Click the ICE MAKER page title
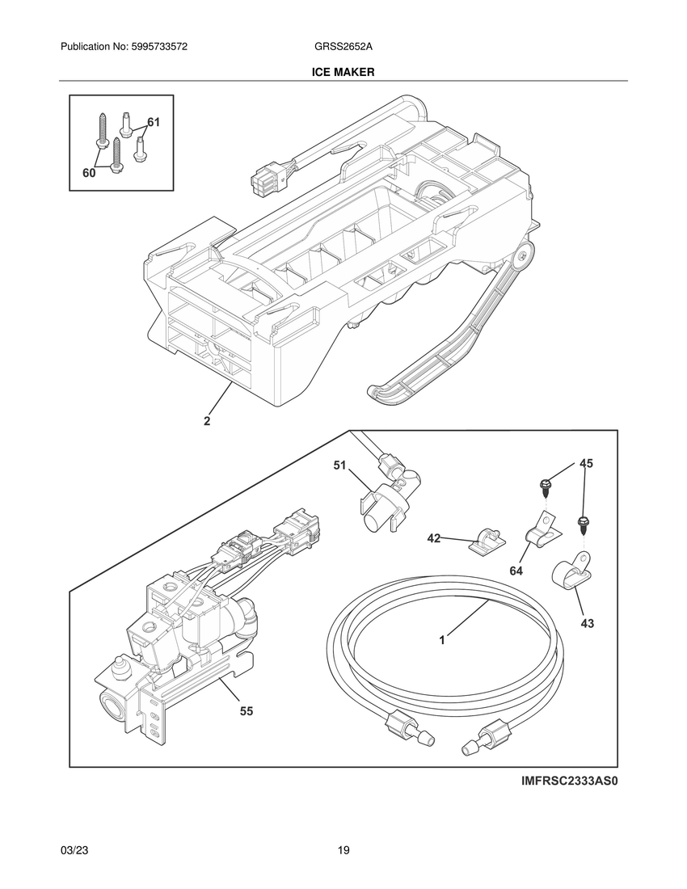(x=343, y=72)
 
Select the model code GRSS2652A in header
(x=343, y=48)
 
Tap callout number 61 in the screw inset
(x=154, y=122)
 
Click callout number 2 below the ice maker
(x=207, y=421)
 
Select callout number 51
(x=340, y=466)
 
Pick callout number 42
(x=434, y=538)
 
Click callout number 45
(x=586, y=463)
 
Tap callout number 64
(x=516, y=571)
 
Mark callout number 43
(x=587, y=623)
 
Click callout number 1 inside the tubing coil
(x=442, y=639)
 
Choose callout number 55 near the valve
(x=247, y=711)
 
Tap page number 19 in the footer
(x=343, y=850)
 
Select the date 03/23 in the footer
(x=74, y=850)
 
